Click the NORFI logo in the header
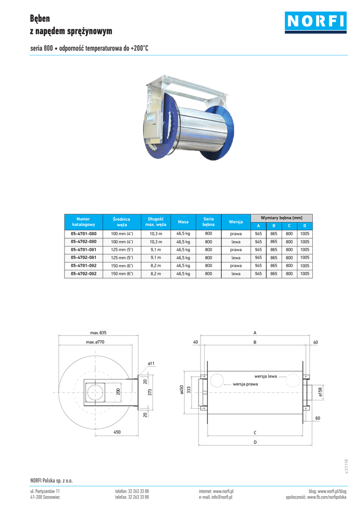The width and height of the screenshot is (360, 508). click(x=316, y=22)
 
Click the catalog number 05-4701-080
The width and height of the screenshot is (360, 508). click(x=84, y=234)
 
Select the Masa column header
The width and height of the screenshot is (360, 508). click(x=183, y=222)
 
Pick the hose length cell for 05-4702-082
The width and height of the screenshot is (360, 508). click(x=156, y=274)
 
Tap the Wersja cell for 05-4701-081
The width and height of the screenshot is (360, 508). click(x=236, y=250)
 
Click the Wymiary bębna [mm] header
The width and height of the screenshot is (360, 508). click(x=282, y=218)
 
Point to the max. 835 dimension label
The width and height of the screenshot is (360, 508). click(x=98, y=333)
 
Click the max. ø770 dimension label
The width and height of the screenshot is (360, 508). click(x=95, y=342)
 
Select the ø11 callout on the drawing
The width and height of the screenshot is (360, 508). click(x=151, y=364)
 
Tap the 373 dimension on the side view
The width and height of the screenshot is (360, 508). click(x=150, y=392)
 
